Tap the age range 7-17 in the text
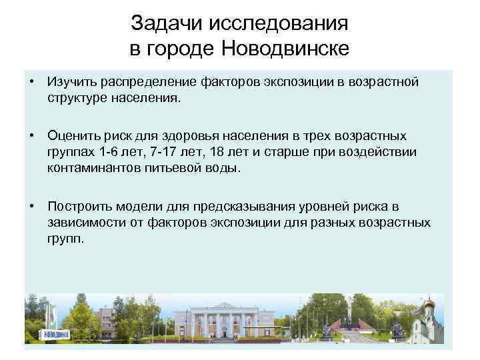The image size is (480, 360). (158, 152)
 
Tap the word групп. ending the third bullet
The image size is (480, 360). (66, 238)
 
